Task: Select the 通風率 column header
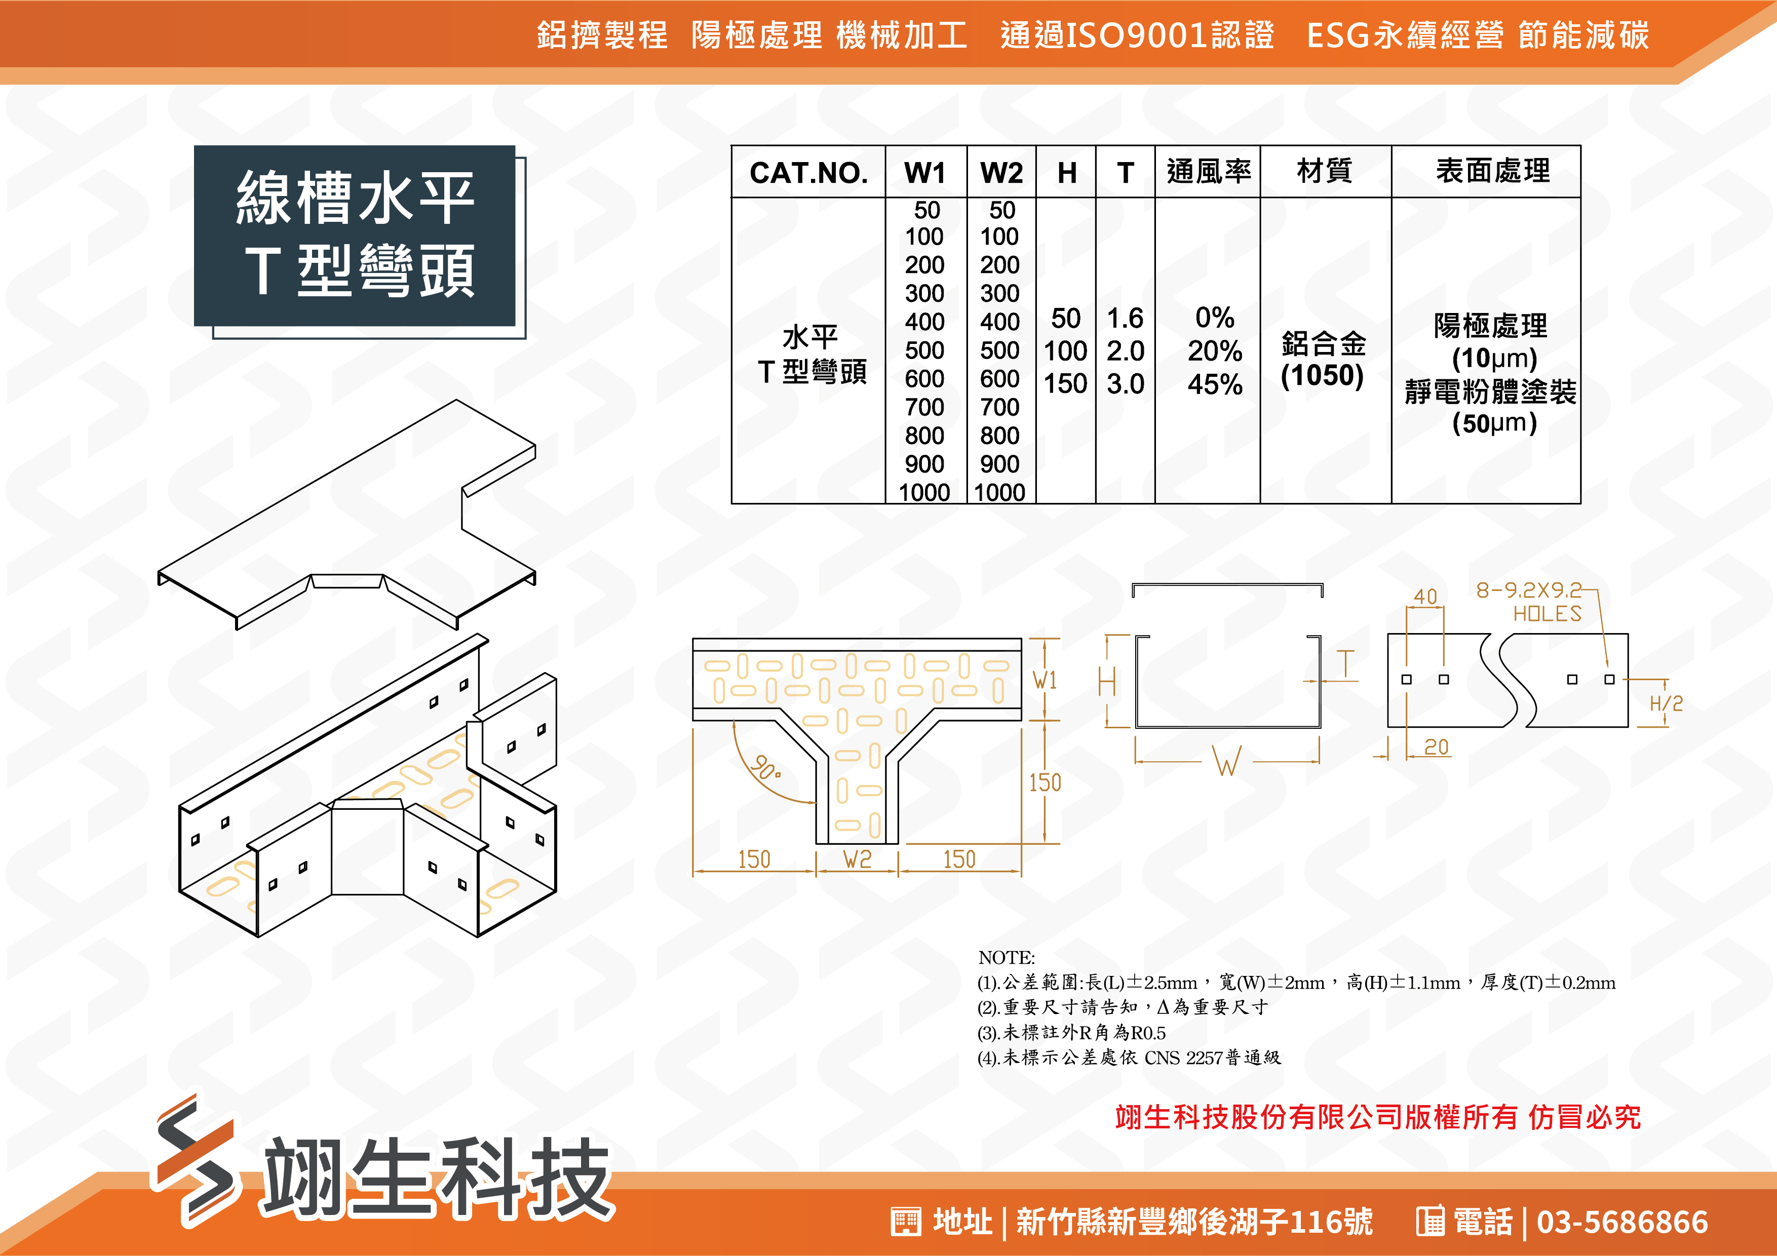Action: point(1208,171)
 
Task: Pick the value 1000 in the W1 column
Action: point(924,492)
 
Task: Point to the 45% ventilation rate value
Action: point(1215,384)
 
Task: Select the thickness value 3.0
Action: point(1126,384)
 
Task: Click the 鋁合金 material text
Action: point(1324,343)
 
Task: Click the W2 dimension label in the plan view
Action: point(857,859)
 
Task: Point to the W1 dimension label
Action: point(1045,680)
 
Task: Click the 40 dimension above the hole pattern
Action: point(1425,596)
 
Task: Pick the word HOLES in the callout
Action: point(1547,614)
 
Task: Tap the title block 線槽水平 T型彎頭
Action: point(355,235)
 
